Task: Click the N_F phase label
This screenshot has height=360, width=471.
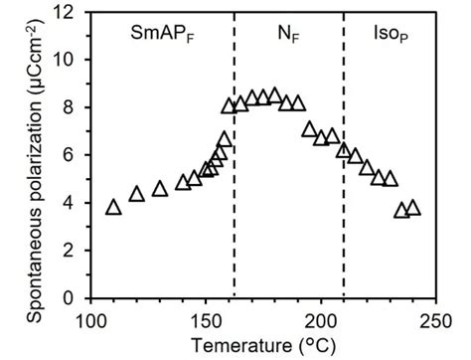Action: pos(288,33)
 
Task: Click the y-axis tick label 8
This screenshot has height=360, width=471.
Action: pos(73,107)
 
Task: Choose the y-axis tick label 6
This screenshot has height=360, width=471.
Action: pos(73,155)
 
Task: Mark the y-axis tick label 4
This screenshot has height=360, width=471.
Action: pos(73,203)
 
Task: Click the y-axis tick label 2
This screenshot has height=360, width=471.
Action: pos(73,251)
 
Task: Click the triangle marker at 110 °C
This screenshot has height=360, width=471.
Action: pos(113,207)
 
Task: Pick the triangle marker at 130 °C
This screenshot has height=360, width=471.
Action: pos(160,189)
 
